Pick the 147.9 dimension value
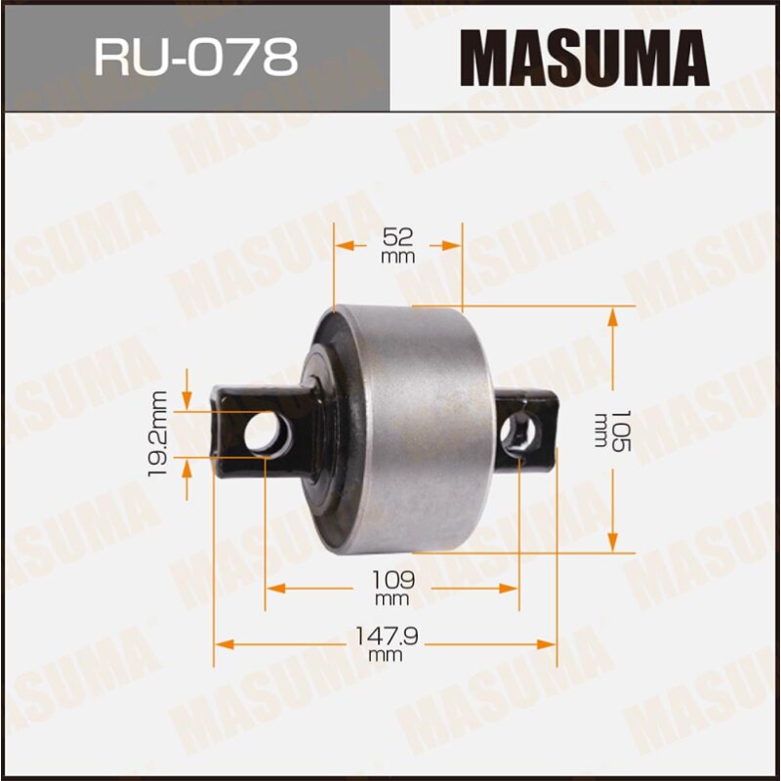pos(387,636)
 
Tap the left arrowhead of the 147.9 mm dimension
pos(224,644)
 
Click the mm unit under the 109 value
pos(390,597)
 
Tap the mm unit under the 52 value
pos(398,257)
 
